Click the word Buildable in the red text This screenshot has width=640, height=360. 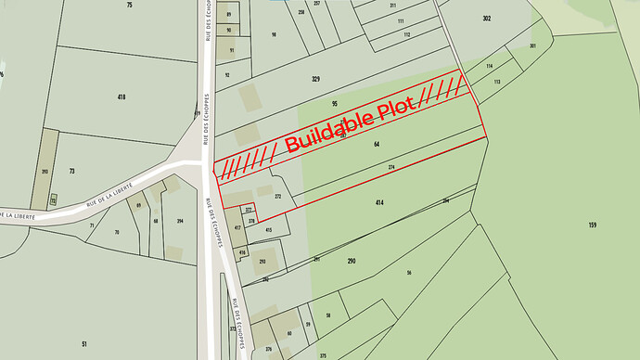(329, 131)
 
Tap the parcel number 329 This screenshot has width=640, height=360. (315, 80)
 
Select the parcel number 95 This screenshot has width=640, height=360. (334, 103)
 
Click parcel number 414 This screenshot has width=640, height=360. (379, 201)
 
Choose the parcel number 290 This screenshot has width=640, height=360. (352, 262)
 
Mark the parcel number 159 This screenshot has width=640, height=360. (592, 225)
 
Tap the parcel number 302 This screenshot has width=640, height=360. (486, 19)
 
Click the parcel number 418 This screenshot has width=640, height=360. (122, 96)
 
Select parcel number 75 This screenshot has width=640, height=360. (129, 6)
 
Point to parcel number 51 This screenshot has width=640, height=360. (83, 344)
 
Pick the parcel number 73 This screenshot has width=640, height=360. (71, 172)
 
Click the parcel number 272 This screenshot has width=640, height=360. (277, 197)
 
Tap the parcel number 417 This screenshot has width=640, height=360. (237, 227)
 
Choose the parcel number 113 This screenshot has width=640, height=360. (496, 82)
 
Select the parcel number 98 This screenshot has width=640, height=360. (274, 34)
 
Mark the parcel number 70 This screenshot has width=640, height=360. (117, 231)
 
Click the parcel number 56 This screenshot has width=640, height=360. (408, 272)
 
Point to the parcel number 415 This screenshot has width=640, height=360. (269, 229)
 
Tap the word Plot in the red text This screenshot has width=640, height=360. (396, 108)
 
